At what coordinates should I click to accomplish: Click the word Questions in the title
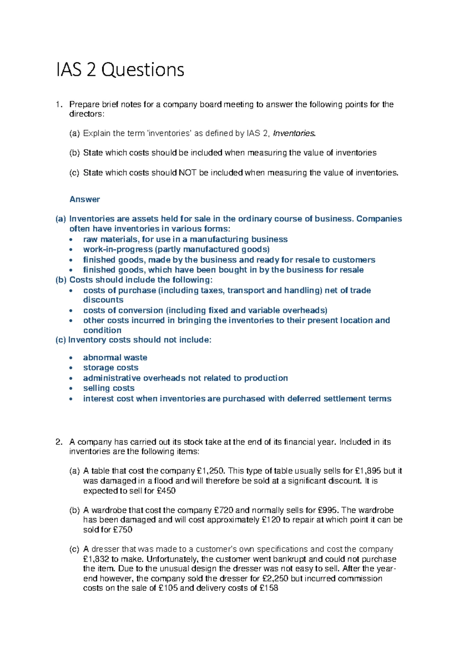143,70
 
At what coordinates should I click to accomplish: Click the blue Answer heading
85,199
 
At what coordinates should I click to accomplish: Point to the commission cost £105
168,588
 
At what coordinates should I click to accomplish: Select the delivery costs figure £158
269,588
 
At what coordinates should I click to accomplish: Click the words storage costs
111,368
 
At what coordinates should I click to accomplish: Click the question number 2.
59,442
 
